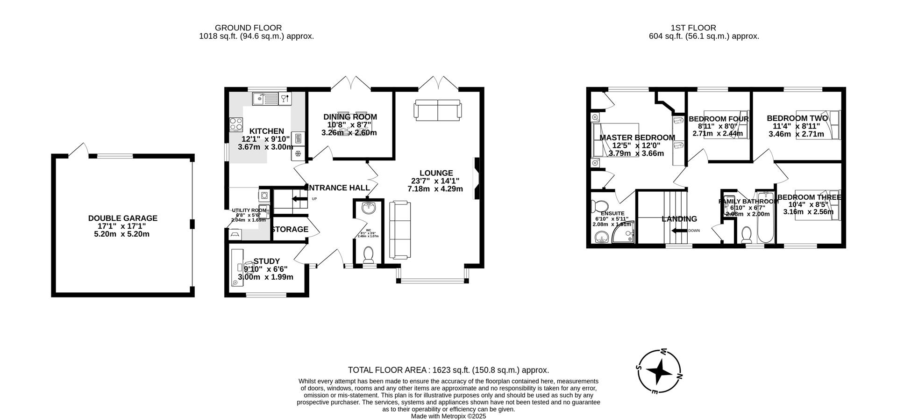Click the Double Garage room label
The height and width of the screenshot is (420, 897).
click(x=123, y=218)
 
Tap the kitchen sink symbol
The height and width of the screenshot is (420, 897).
click(x=265, y=99)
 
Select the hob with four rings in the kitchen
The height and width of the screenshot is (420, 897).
click(x=236, y=124)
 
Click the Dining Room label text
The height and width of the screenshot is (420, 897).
click(x=350, y=117)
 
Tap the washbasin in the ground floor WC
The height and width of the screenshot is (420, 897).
click(x=369, y=207)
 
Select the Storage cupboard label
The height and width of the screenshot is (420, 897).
click(x=290, y=229)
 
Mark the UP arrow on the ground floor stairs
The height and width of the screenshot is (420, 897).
click(x=297, y=199)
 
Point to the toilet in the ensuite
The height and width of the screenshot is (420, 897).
click(x=598, y=206)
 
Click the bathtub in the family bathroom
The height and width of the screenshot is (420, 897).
click(x=765, y=218)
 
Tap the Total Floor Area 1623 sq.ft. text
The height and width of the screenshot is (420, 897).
click(x=448, y=370)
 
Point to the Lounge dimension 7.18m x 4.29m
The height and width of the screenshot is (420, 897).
click(x=435, y=189)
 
